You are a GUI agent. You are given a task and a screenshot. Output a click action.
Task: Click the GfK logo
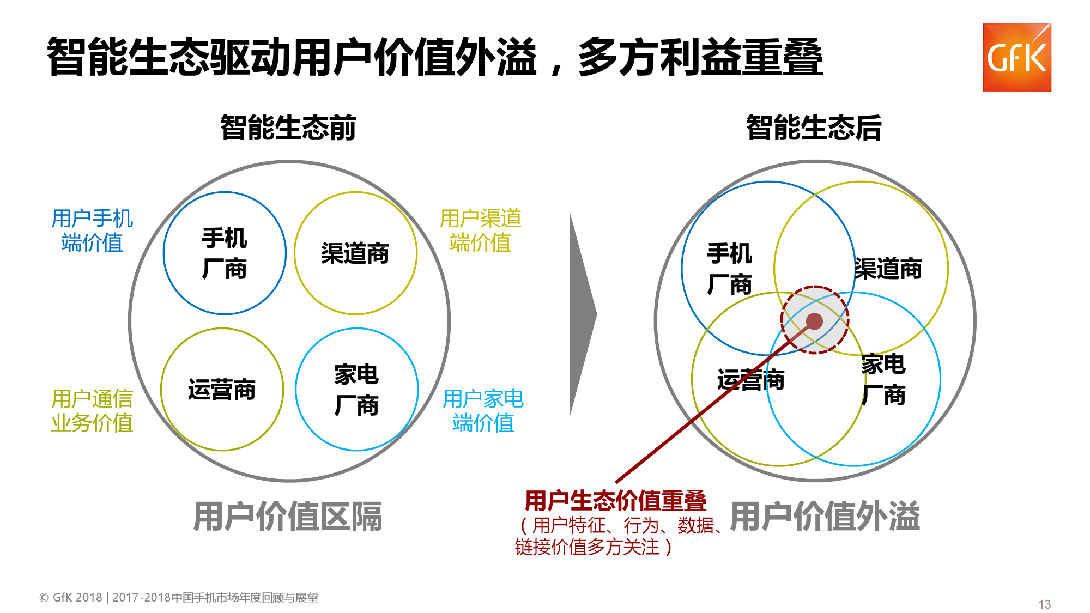click(x=1016, y=57)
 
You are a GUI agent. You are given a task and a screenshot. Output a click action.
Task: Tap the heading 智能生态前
click(x=288, y=128)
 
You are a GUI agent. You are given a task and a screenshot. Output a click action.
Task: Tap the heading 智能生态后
click(x=814, y=128)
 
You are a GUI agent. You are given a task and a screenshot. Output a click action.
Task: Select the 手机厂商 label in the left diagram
click(x=225, y=253)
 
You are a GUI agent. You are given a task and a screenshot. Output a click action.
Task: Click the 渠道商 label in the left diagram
click(x=355, y=254)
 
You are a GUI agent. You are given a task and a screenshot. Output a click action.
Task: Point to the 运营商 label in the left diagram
click(x=222, y=390)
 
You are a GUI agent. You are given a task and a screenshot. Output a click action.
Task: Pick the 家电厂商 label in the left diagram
click(x=356, y=390)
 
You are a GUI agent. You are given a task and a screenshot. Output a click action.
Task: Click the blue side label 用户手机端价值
click(x=92, y=230)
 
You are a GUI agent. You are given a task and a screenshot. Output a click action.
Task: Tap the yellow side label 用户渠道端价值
click(x=481, y=230)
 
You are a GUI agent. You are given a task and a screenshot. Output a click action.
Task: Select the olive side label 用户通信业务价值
click(x=92, y=411)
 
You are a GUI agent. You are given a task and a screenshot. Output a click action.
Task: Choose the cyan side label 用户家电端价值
click(x=483, y=411)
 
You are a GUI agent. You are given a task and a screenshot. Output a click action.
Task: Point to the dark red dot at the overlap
click(x=814, y=321)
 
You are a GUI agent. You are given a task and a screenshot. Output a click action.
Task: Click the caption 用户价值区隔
click(x=288, y=517)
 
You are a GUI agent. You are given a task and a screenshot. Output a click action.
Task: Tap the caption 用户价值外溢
click(x=825, y=517)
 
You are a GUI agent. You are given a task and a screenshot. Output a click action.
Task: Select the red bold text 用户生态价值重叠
click(x=615, y=500)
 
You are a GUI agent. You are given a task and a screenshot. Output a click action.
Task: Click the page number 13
click(x=1045, y=604)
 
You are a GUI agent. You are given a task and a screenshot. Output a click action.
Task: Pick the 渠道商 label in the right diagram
click(x=888, y=269)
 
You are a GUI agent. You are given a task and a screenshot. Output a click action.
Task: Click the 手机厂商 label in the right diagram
click(x=730, y=269)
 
